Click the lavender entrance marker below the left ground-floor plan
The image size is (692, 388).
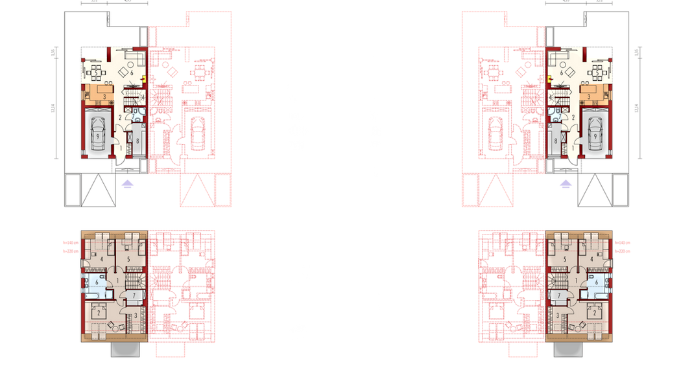coord(128,184)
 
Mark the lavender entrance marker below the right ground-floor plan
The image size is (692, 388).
coord(564,184)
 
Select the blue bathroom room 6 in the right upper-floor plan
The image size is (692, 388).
coord(597,283)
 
